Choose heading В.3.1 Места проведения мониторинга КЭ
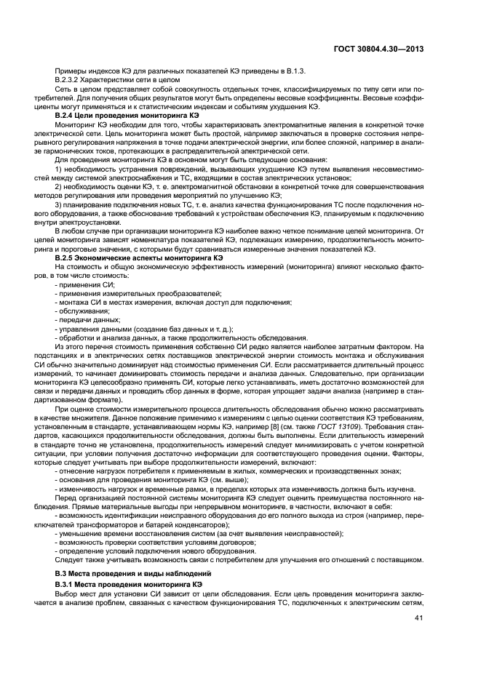point(130,585)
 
